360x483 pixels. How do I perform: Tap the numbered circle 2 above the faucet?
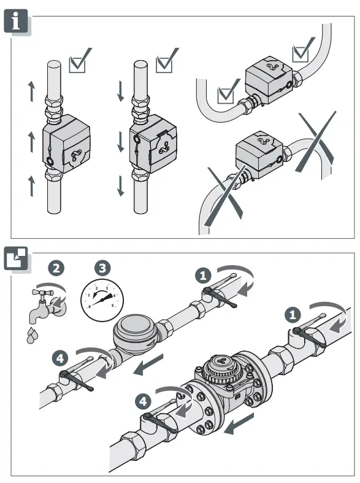[x=56, y=268]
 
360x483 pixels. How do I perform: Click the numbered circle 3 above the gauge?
[x=102, y=268]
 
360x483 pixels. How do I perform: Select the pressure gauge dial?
[x=101, y=299]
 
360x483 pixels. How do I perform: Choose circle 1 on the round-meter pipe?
[x=205, y=274]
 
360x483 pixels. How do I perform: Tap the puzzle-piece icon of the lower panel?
[x=17, y=258]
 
